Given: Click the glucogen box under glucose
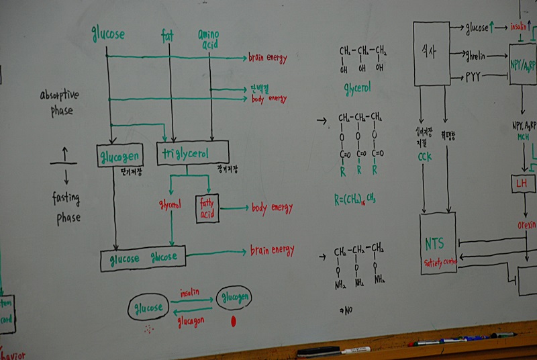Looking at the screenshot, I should coord(119,156).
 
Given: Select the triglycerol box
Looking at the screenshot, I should coord(192,154).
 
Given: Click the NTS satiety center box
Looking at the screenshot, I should coord(438,243).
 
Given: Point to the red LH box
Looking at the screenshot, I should coord(522,183).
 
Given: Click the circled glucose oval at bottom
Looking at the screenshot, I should coord(149,308).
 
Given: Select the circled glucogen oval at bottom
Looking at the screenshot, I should coord(234,297).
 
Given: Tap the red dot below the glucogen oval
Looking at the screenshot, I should coord(234,322).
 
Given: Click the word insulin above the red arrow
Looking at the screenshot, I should coord(190,294).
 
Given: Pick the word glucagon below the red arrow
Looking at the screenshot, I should coord(191,320).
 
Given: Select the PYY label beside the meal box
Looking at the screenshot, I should coord(475,77).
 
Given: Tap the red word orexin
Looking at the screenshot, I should coord(526,226).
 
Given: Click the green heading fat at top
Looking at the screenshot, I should coord(168,34).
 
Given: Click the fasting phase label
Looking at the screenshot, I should coord(66,208).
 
